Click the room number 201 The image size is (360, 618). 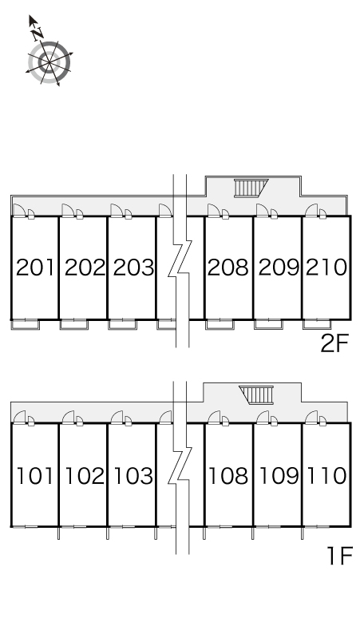(34, 267)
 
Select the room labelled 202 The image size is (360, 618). (85, 267)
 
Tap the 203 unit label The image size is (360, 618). (133, 267)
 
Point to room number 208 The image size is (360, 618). (228, 267)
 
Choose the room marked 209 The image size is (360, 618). (278, 267)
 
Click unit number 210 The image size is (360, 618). (326, 267)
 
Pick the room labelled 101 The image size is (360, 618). (34, 475)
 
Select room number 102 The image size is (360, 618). (85, 475)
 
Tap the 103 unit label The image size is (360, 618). (133, 475)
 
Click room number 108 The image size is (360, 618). (228, 475)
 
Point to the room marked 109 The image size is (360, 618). (278, 475)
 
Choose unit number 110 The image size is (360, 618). (326, 475)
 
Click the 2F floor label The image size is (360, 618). (334, 343)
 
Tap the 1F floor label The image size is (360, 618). (338, 556)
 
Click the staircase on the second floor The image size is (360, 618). (251, 188)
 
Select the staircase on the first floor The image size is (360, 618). (256, 395)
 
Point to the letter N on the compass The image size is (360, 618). (38, 34)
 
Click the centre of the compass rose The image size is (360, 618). (49, 62)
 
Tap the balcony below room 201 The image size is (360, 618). (26, 325)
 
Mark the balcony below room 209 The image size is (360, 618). (268, 324)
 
